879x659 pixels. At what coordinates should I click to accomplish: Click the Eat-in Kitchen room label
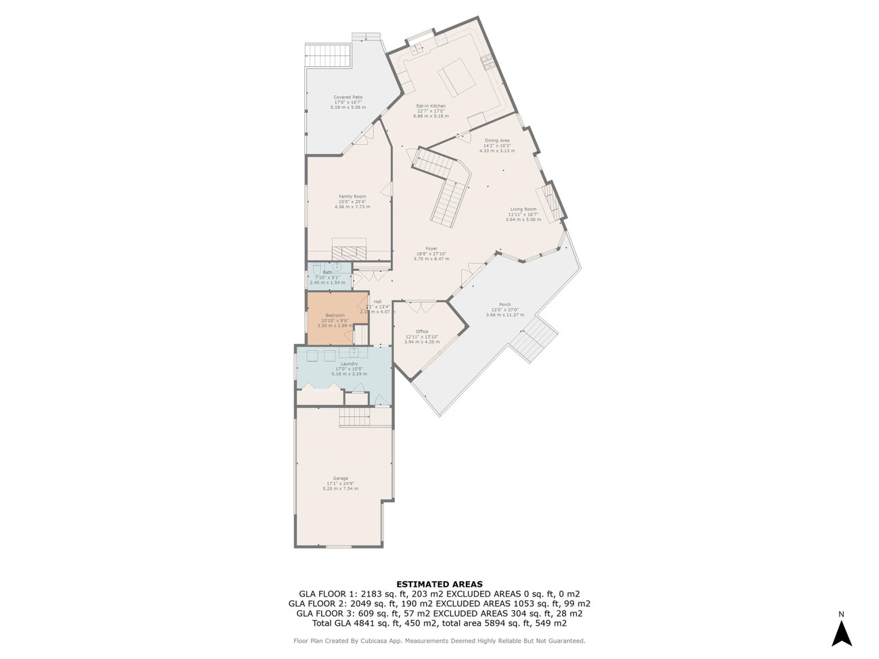point(431,106)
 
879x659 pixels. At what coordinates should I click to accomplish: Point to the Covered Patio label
point(348,97)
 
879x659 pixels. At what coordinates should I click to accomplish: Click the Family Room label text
point(352,197)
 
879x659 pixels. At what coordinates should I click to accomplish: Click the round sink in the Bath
point(336,268)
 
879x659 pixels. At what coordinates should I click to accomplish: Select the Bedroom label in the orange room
point(335,316)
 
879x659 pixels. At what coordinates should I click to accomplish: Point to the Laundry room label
point(349,364)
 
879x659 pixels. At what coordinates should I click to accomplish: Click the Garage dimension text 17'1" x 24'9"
point(341,483)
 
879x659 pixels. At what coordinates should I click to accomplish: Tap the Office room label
point(422,331)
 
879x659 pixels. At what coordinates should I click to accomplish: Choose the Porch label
point(504,305)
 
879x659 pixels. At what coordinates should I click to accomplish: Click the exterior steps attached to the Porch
point(533,339)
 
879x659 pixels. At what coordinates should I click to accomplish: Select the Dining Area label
point(497,141)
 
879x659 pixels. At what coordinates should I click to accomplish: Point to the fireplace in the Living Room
point(552,201)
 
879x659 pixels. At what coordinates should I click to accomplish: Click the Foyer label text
point(431,249)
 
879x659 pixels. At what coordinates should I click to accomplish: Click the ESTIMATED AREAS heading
point(439,584)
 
